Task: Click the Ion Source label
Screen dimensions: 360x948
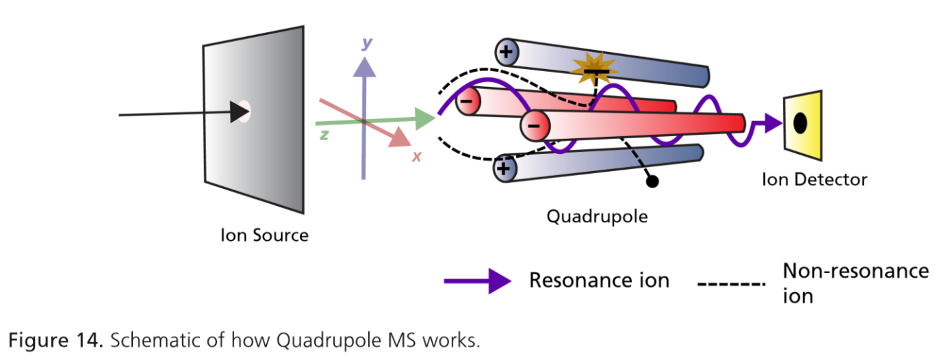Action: coord(264,235)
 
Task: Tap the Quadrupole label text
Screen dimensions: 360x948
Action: coord(597,217)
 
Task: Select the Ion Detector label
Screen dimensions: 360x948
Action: coord(815,180)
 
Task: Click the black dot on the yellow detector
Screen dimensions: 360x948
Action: coord(799,123)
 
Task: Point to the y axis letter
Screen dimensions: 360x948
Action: coord(368,43)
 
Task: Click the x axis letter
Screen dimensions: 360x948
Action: coord(415,156)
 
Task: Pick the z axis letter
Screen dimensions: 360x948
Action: coord(324,135)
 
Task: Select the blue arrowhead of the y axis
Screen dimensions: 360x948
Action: coord(367,66)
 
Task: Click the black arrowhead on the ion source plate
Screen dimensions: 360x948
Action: coord(239,112)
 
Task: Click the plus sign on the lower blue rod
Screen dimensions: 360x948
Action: coord(504,168)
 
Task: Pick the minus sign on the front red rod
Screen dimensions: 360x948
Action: coord(535,125)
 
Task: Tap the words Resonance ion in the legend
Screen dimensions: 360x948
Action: coord(599,281)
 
